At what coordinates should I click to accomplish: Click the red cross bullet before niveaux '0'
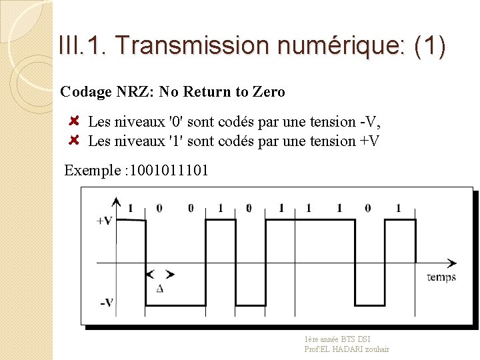[x=75, y=121]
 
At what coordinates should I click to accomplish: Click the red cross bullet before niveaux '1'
[x=75, y=140]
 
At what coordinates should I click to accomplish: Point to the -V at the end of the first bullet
[x=369, y=122]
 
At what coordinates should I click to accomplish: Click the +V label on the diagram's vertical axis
[x=104, y=221]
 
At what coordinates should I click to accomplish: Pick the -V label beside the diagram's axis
[x=106, y=303]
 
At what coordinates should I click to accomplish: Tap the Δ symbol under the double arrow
[x=159, y=288]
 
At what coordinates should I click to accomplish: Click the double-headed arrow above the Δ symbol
[x=160, y=274]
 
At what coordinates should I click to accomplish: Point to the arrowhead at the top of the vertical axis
[x=116, y=201]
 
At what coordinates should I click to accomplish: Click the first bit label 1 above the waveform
[x=130, y=208]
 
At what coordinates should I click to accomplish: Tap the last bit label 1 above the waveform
[x=398, y=208]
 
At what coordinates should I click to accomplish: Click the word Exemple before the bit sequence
[x=92, y=170]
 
